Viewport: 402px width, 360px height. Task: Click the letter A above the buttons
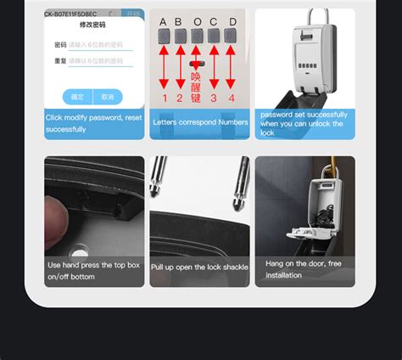coord(163,21)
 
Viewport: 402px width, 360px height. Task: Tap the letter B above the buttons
coord(180,21)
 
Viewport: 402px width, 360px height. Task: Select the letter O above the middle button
coord(198,21)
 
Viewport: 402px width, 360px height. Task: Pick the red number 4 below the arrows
coord(231,98)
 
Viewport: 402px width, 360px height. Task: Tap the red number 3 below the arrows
coord(214,98)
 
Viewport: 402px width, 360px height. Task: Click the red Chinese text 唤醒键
coord(197,85)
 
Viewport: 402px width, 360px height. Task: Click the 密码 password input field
coord(99,44)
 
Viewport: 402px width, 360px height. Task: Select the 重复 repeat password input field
coord(99,62)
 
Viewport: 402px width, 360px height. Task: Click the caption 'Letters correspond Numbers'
coord(199,122)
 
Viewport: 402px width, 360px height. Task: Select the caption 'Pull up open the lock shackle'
coord(199,267)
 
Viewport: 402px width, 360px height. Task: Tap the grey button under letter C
coord(214,37)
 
